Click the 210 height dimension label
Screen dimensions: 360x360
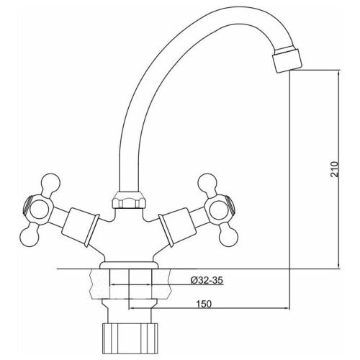click(335, 169)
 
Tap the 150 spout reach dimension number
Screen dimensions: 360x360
click(204, 304)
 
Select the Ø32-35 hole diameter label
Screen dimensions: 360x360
click(207, 280)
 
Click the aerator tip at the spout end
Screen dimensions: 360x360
click(287, 60)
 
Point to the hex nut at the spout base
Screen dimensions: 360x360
click(129, 199)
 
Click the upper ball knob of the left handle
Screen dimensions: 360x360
click(50, 182)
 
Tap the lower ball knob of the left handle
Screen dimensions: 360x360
click(29, 237)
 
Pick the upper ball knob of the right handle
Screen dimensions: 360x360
click(207, 183)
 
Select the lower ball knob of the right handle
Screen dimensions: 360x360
click(228, 237)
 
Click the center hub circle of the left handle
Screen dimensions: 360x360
click(39, 210)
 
